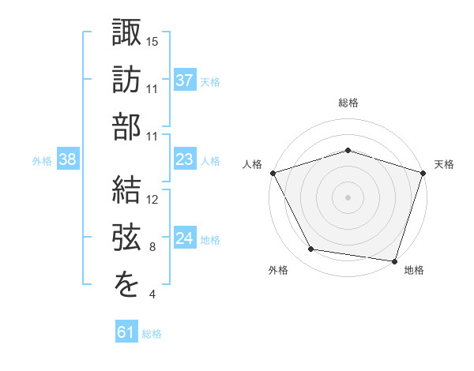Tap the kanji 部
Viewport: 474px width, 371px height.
[127, 126]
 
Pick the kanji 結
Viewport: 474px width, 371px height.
[127, 189]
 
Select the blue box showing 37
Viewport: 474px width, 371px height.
[184, 80]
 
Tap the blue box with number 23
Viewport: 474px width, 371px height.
[184, 160]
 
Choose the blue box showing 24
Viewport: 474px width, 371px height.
[184, 239]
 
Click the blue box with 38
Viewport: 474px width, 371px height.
[68, 160]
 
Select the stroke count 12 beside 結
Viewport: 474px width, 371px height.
[153, 200]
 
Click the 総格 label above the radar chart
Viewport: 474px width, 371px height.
[348, 103]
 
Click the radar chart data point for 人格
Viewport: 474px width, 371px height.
[273, 173]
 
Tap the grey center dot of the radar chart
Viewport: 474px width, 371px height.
[348, 197]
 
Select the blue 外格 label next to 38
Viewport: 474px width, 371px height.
[42, 161]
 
